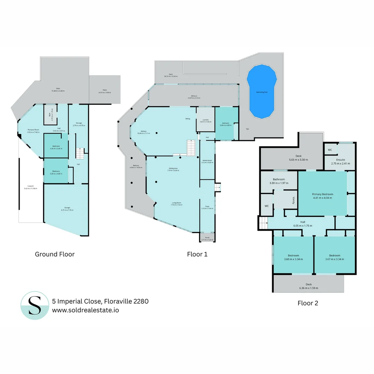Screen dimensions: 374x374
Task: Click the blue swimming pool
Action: [261, 91]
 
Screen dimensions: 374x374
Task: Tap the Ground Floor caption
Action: [55, 254]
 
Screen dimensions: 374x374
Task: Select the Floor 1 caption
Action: [197, 254]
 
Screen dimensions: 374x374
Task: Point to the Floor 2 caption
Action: [308, 303]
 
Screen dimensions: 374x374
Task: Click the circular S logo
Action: [35, 305]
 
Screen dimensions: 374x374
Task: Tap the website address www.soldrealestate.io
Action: [86, 310]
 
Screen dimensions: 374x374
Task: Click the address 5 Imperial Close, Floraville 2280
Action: [100, 301]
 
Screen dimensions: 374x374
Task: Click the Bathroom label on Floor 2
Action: [279, 179]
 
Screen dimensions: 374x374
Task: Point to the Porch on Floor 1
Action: [207, 238]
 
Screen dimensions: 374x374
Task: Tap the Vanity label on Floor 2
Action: [293, 201]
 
